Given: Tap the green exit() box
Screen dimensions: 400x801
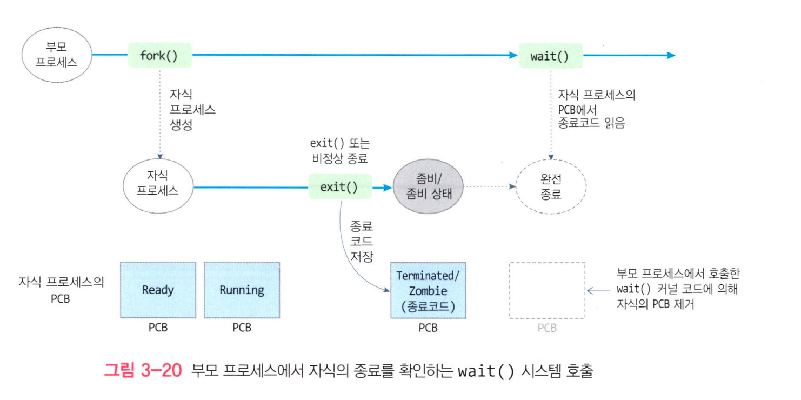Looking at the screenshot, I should point(339,187).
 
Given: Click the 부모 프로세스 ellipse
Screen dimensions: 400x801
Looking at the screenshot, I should point(56,55).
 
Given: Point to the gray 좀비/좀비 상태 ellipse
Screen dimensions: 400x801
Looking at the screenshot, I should point(429,187).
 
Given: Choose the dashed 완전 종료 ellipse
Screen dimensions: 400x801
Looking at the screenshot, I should point(551,187).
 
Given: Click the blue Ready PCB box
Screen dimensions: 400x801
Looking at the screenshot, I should point(158,290).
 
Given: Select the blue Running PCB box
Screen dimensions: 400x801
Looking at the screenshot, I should point(242,290).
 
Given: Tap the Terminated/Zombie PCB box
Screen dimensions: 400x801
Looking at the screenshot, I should point(428,290).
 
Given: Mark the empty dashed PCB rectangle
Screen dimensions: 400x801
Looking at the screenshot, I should point(547,290).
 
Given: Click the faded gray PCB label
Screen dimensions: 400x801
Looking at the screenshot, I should point(547,328).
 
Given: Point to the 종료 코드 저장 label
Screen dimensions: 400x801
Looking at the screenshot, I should point(362,241).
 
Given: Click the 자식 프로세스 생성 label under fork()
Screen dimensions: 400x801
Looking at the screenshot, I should point(192,109).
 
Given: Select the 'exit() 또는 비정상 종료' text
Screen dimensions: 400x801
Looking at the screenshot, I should point(339,151).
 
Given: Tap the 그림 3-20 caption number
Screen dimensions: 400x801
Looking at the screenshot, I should point(143,371).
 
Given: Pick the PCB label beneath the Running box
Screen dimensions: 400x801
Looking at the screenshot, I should point(242,328).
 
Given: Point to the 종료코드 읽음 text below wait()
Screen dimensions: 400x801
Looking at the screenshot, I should point(591,123).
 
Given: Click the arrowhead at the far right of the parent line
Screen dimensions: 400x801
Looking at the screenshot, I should point(671,55).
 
